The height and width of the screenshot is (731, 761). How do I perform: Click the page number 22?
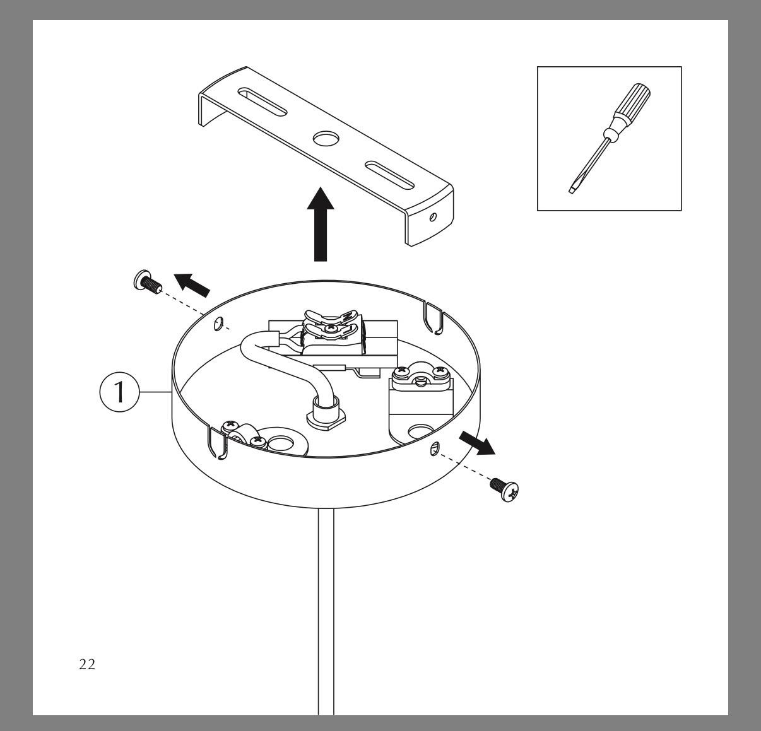tap(87, 664)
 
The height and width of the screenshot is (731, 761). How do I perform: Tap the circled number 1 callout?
tap(119, 392)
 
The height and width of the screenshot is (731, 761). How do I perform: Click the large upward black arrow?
tap(321, 224)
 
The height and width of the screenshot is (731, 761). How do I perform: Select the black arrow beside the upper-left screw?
tap(192, 284)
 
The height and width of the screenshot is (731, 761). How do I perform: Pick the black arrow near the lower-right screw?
tap(477, 443)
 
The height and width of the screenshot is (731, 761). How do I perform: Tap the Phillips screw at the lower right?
tap(504, 489)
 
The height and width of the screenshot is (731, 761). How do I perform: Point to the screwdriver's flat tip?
tap(572, 190)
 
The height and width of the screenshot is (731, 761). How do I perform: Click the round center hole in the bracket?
tap(326, 138)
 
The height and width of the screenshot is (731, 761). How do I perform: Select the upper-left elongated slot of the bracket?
tap(262, 102)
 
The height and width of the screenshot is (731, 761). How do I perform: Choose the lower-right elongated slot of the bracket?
tap(389, 175)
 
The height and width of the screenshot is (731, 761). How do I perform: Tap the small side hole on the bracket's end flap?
tap(433, 217)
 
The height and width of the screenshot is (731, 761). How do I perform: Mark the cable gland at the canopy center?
tap(326, 415)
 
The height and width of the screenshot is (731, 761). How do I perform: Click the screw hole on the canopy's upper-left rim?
tap(218, 324)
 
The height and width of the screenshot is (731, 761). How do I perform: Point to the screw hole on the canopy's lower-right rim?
tap(435, 449)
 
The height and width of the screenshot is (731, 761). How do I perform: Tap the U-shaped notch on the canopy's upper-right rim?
tap(434, 318)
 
